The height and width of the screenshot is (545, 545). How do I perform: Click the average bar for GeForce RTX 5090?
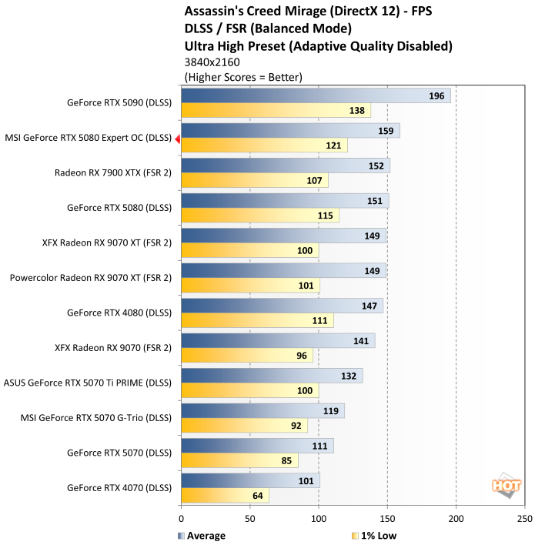[x=316, y=95]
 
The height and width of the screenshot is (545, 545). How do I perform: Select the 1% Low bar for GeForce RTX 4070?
[x=225, y=496]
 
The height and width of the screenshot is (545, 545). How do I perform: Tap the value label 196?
[x=436, y=95]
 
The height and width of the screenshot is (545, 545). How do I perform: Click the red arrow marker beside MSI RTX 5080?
[x=178, y=139]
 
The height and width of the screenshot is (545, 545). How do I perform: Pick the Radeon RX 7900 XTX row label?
[x=113, y=173]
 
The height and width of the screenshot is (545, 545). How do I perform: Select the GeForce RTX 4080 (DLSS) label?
[x=119, y=313]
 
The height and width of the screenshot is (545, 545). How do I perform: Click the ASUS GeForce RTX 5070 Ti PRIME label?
[x=88, y=382]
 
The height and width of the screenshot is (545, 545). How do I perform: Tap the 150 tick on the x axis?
[x=387, y=519]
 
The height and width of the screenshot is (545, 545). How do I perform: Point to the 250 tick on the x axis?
[x=524, y=519]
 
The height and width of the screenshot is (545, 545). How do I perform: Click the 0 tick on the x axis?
[x=182, y=519]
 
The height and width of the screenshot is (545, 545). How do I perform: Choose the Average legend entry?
[x=202, y=536]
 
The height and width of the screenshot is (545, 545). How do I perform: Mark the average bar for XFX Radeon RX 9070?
[x=278, y=341]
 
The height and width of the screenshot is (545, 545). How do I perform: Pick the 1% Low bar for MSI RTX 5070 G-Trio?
[x=244, y=426]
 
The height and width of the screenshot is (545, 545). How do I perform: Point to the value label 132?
[x=349, y=376]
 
